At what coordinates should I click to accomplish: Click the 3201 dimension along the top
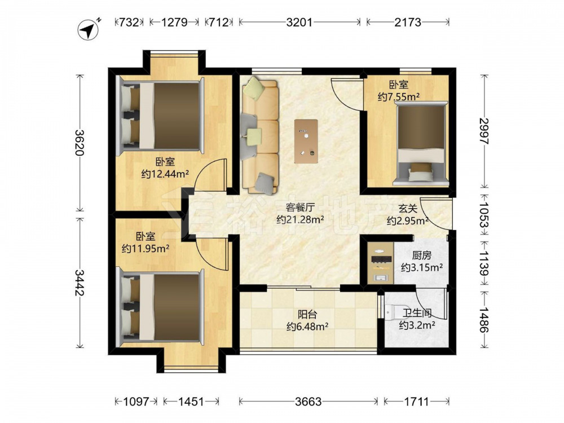coord(299,22)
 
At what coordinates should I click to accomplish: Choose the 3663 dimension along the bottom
coord(308,402)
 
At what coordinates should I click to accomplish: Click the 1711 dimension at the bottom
coord(416,402)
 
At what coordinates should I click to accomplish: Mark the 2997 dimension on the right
coord(483,131)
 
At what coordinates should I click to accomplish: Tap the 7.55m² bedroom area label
coord(399,91)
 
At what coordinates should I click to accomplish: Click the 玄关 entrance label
coord(407,214)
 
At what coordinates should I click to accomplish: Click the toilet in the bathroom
coord(393,310)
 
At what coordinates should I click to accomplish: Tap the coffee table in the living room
coord(306,140)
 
